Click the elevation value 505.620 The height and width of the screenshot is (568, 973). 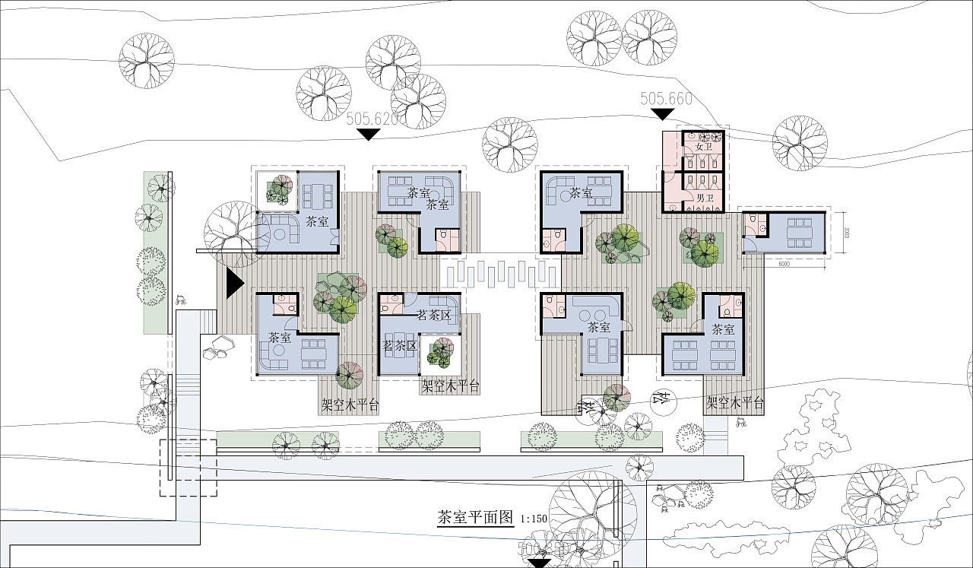[372, 119]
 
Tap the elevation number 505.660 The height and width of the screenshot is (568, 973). [666, 99]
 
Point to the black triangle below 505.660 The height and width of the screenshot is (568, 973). [663, 114]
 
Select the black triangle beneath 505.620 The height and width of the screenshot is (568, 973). [369, 135]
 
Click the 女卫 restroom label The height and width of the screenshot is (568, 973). [704, 146]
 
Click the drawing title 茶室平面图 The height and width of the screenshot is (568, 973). [476, 518]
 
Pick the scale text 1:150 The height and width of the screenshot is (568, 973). [534, 519]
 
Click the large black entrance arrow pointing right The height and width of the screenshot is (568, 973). [234, 282]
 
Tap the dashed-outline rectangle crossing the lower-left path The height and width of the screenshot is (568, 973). [188, 467]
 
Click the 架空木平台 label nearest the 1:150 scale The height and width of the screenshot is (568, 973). [451, 386]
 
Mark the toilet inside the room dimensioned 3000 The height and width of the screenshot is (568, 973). [753, 221]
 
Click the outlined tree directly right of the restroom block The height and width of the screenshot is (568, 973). [800, 143]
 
